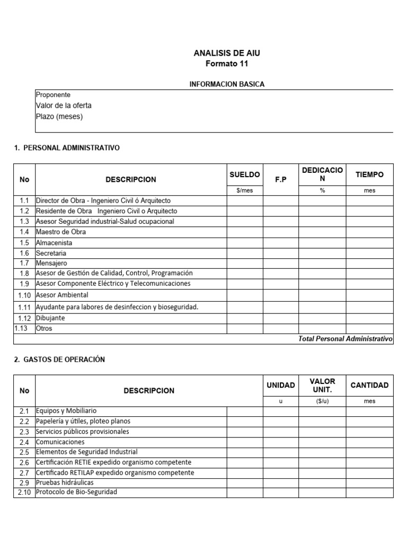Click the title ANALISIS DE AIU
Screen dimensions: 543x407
coord(227,53)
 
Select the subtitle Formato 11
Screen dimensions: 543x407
coord(226,64)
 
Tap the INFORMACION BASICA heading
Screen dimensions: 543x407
coord(227,84)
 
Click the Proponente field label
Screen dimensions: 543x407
coord(53,94)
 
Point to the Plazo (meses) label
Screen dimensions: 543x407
coord(59,116)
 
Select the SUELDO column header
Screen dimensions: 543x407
coord(244,174)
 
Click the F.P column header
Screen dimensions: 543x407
coord(280,180)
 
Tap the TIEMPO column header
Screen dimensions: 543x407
coord(369,174)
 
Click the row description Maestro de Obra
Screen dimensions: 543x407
coord(60,232)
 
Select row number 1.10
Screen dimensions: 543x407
coord(24,295)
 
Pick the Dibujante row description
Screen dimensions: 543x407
coord(50,318)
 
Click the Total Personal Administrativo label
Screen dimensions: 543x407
coord(345,338)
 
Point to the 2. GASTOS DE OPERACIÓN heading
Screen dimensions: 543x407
coord(59,359)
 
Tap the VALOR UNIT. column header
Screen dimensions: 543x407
coord(322,386)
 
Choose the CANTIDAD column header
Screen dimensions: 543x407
coord(369,386)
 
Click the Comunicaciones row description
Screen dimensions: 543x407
coord(60,442)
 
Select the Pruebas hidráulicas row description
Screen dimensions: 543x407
coord(65,483)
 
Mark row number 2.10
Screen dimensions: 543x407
coord(24,493)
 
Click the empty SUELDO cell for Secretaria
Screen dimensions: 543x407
coord(244,253)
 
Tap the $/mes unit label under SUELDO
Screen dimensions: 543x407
coord(244,190)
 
